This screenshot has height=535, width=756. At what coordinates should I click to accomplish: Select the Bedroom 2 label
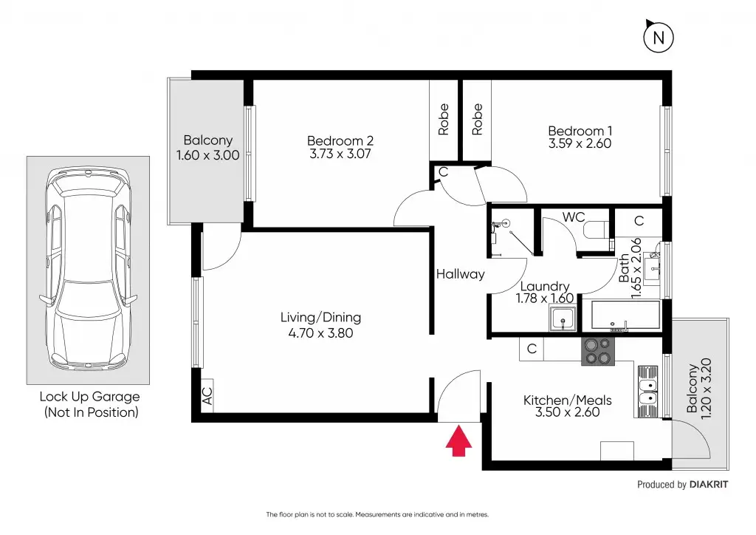(x=340, y=141)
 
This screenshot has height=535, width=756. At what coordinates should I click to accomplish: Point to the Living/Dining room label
(x=320, y=318)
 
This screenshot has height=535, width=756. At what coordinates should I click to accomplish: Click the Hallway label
(x=460, y=274)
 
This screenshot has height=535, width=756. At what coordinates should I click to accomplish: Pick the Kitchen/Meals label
(x=567, y=401)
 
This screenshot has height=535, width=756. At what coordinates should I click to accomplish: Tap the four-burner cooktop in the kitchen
(x=599, y=351)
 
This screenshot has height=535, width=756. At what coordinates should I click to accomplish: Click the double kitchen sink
(x=647, y=389)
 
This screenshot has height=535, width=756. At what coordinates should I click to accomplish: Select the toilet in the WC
(x=596, y=231)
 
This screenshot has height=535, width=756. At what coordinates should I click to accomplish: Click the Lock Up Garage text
(x=89, y=398)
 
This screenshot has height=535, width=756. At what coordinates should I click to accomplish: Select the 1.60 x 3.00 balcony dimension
(x=208, y=155)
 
